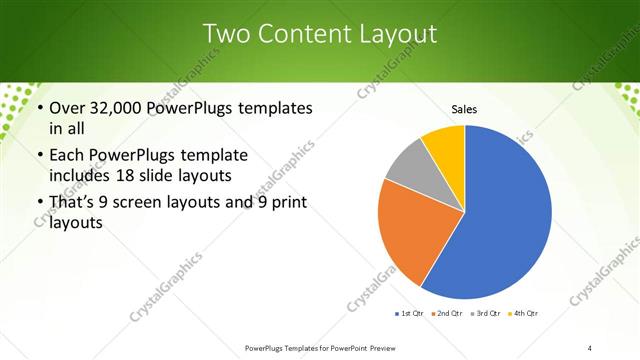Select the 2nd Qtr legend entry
click(x=447, y=314)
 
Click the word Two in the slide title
click(x=225, y=34)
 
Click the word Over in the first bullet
click(x=64, y=108)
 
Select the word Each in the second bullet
click(x=65, y=155)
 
